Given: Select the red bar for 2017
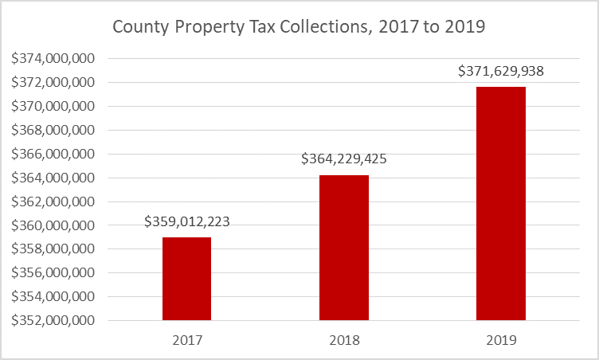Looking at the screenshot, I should pyautogui.click(x=186, y=279).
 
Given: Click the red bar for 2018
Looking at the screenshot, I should pyautogui.click(x=344, y=248).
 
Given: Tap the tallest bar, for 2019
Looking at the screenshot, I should pyautogui.click(x=501, y=203).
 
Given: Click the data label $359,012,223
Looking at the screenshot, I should pyautogui.click(x=187, y=221).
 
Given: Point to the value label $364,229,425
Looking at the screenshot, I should pyautogui.click(x=344, y=158).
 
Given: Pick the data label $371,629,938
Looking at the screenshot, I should pyautogui.click(x=501, y=71).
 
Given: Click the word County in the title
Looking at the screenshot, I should pyautogui.click(x=139, y=27).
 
